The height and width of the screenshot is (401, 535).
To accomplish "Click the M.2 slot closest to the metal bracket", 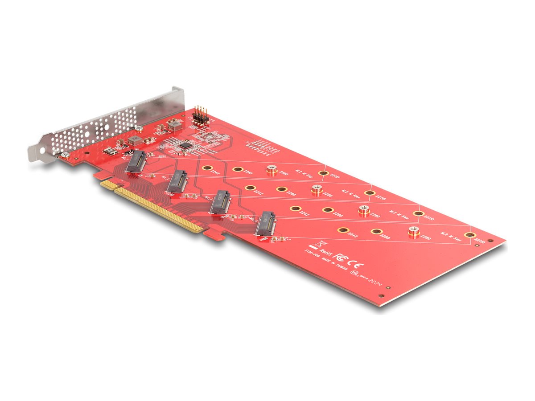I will pos(136,162).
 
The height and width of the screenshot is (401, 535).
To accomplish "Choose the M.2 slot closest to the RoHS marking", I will pos(266,224).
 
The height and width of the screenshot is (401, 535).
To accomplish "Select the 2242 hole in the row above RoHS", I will pos(342,230).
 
